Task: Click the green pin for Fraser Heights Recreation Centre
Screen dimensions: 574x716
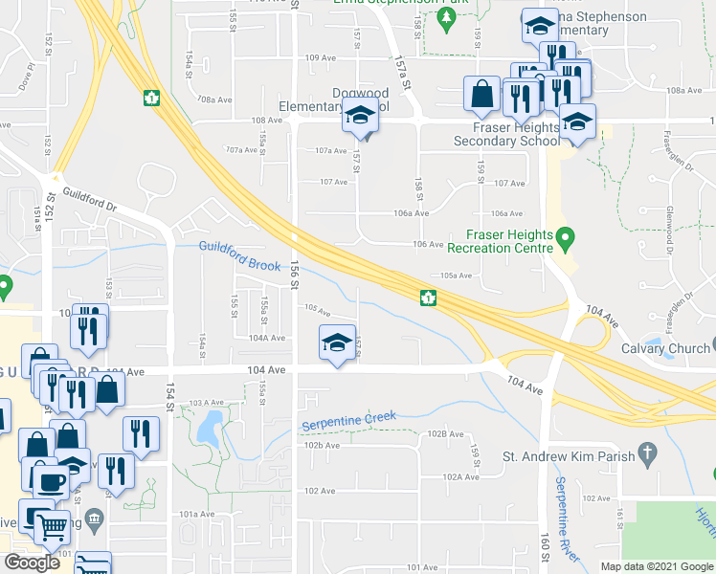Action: click(x=565, y=235)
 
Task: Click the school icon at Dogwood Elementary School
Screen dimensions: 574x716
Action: click(x=359, y=119)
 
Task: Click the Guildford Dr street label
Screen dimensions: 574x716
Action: click(x=89, y=199)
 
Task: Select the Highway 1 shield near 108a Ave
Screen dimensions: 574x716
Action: click(x=150, y=97)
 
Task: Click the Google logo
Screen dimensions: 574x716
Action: click(x=33, y=563)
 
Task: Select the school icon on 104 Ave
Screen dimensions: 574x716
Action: click(x=336, y=343)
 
